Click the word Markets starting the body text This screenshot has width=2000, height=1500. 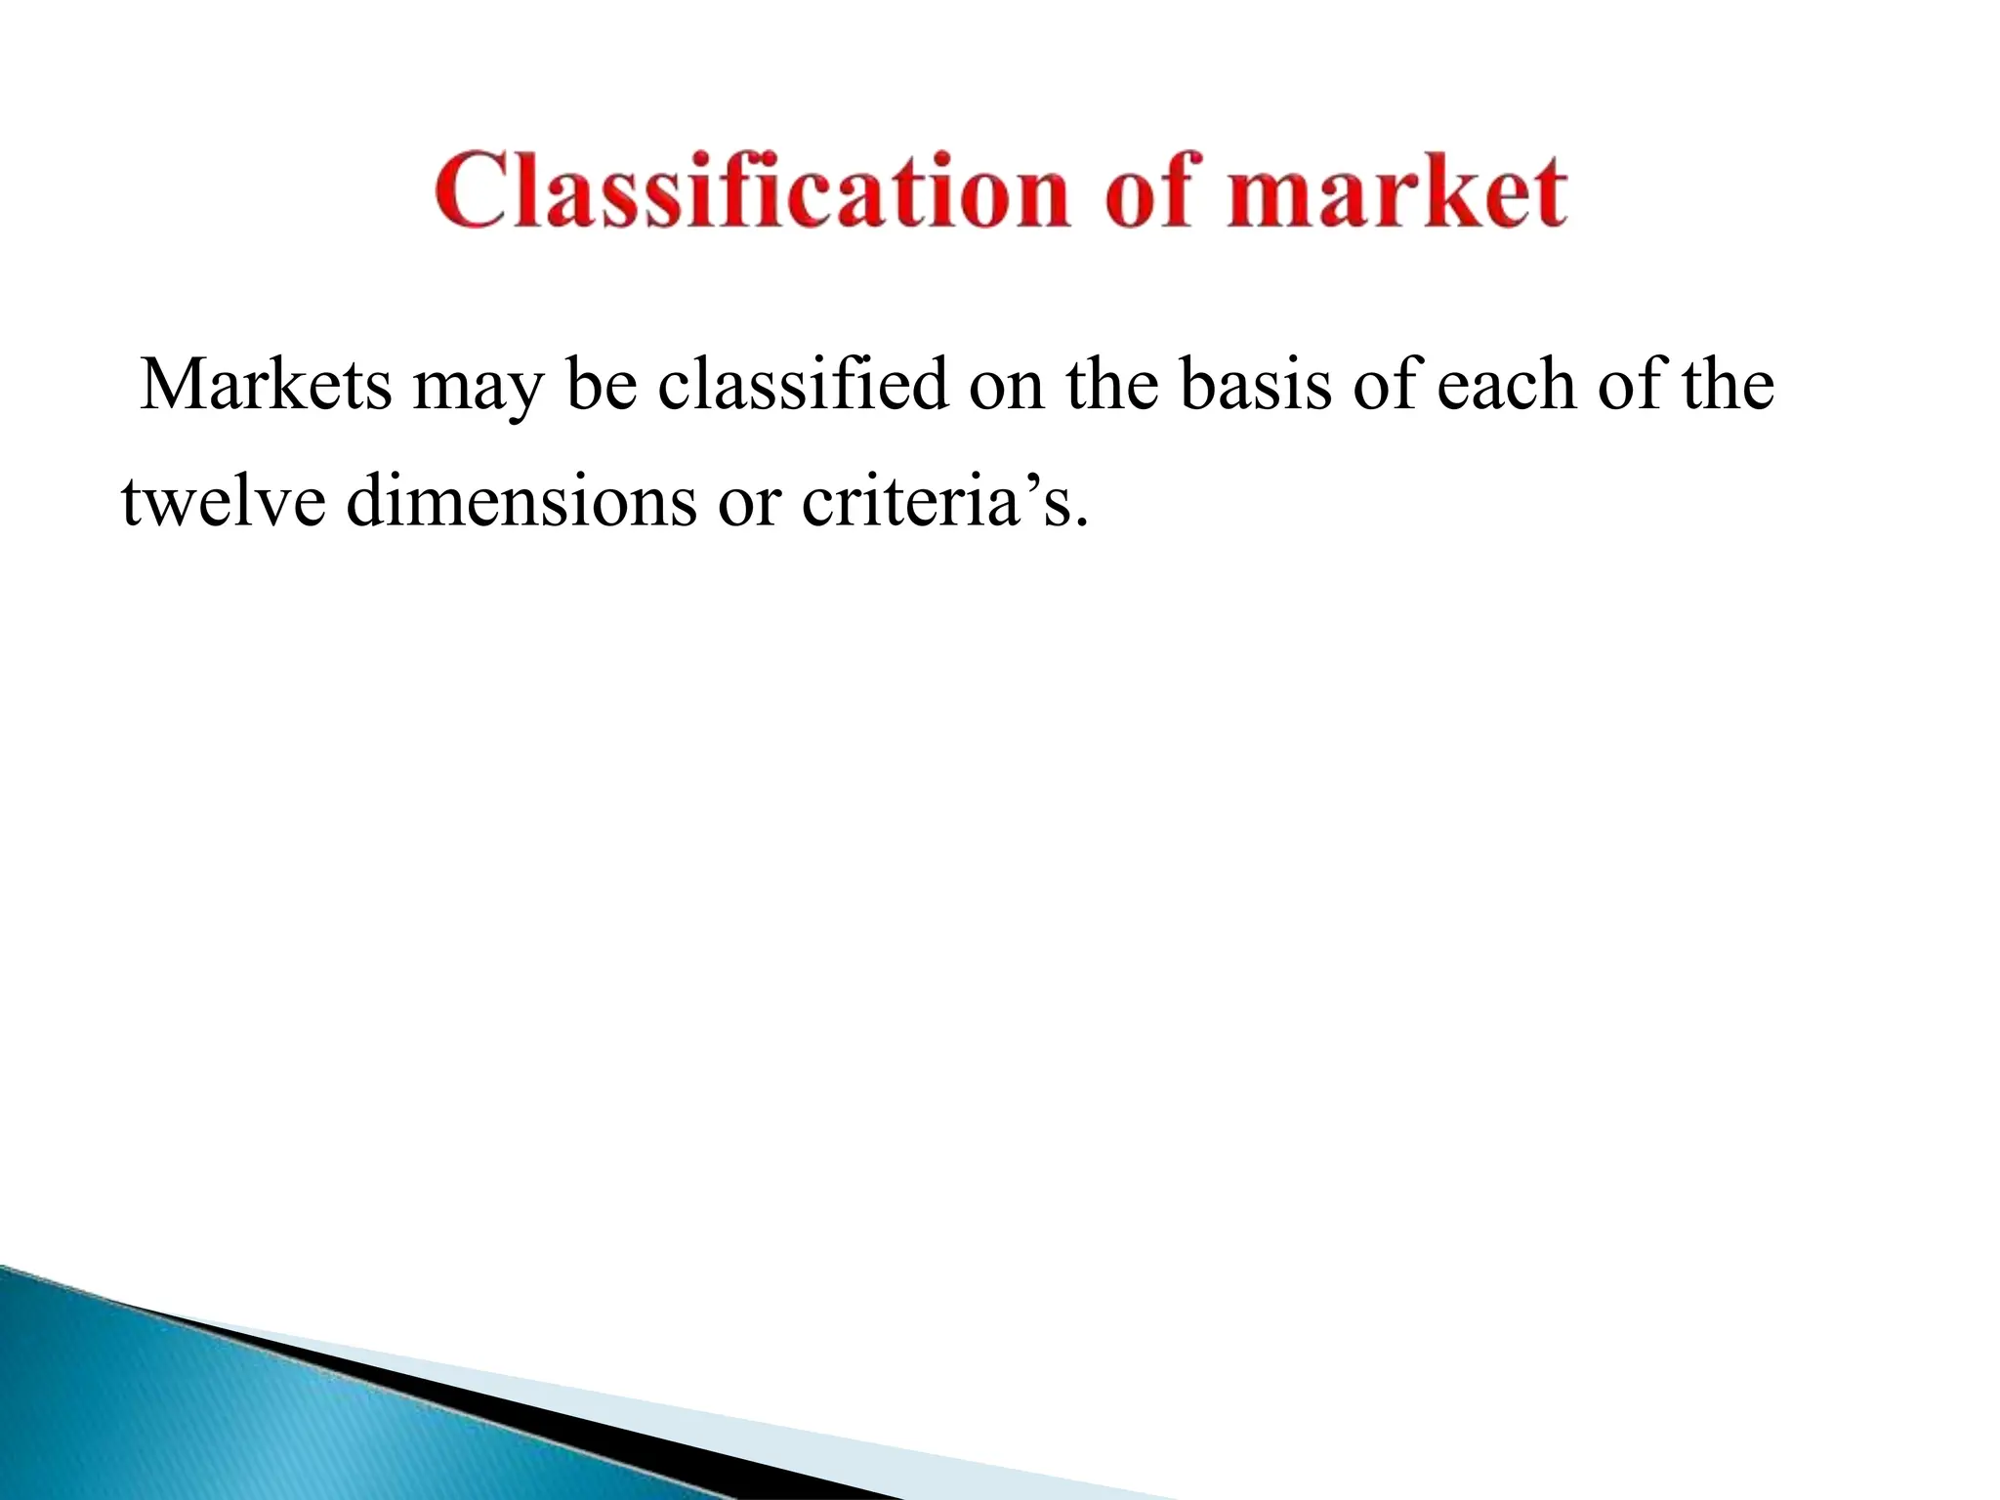coord(266,385)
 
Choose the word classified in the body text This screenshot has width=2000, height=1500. coord(802,385)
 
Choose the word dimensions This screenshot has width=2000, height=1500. coord(521,502)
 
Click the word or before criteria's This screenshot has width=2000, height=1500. coord(749,504)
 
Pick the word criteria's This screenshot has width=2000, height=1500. coord(943,502)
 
